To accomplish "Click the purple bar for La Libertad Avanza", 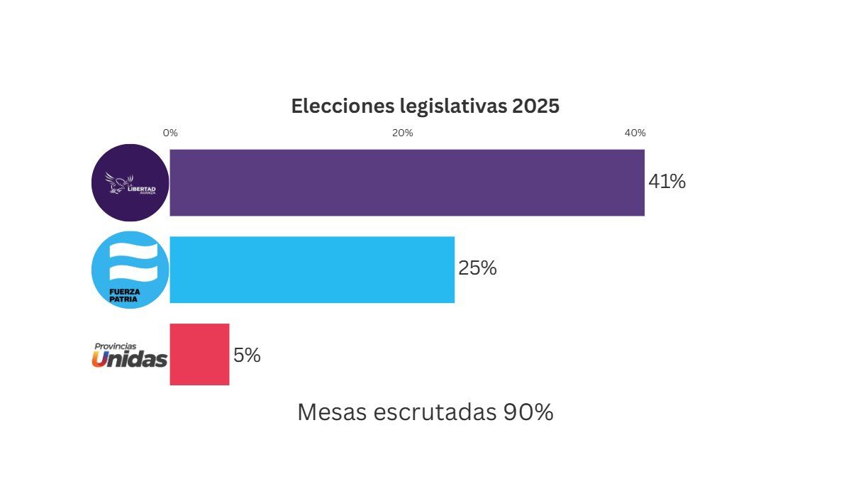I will (x=407, y=182).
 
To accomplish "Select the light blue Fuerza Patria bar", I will (x=312, y=270).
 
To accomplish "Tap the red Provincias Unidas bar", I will (x=199, y=355).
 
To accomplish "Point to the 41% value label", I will (x=667, y=182).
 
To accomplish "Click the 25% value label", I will (x=477, y=269).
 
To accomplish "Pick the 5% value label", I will (x=247, y=356).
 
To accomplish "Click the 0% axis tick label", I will (x=170, y=133).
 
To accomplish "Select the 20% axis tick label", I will (x=403, y=133).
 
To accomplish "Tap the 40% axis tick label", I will (x=635, y=133).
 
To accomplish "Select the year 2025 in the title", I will (x=536, y=106).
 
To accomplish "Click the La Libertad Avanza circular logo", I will (x=130, y=182).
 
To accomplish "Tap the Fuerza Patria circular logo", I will (x=130, y=270).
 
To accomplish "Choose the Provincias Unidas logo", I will (x=130, y=356).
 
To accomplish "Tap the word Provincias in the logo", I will (x=115, y=346).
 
